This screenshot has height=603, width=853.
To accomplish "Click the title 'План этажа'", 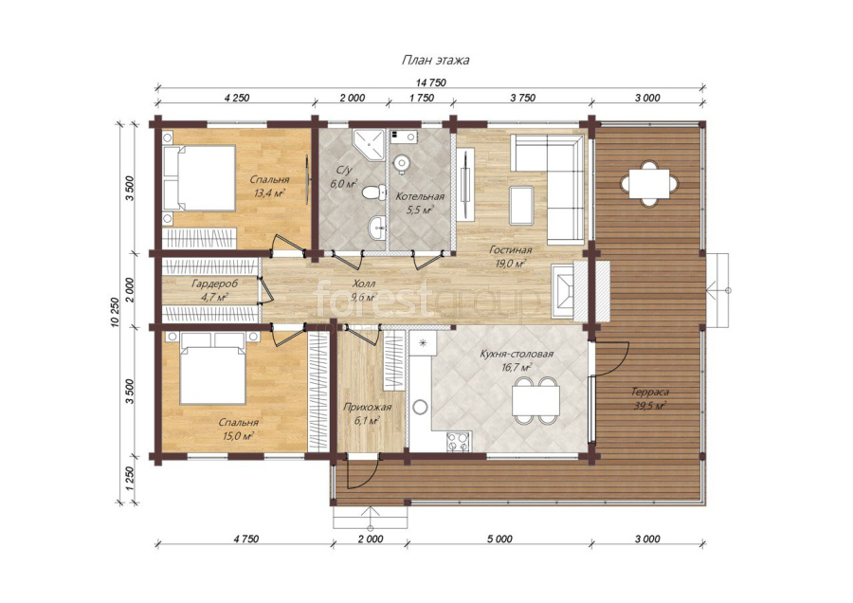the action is pyautogui.click(x=435, y=60).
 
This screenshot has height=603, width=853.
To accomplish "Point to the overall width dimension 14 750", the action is pyautogui.click(x=431, y=82).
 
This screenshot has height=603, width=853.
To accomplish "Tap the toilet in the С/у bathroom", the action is pyautogui.click(x=372, y=192).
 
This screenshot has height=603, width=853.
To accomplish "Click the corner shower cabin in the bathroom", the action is pyautogui.click(x=369, y=144).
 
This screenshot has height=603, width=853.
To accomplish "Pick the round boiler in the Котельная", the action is pyautogui.click(x=402, y=162).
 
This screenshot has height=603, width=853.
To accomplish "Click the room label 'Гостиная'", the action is pyautogui.click(x=510, y=250).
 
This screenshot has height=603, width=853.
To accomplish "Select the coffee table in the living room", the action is pyautogui.click(x=521, y=205).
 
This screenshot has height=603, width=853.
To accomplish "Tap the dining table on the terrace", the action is pyautogui.click(x=648, y=183).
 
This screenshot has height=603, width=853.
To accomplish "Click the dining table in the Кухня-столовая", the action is pyautogui.click(x=535, y=401).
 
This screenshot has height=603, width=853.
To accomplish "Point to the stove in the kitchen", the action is pyautogui.click(x=458, y=442).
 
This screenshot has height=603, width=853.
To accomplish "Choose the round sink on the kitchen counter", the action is pyautogui.click(x=421, y=407).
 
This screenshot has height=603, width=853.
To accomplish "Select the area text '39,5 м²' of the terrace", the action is pyautogui.click(x=650, y=406).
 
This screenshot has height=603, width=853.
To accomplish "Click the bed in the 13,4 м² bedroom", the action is pyautogui.click(x=199, y=178).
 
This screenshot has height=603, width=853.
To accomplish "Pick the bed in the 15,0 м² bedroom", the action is pyautogui.click(x=212, y=368).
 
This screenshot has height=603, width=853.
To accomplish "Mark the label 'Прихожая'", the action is pyautogui.click(x=367, y=407).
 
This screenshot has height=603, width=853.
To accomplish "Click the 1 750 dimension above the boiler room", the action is pyautogui.click(x=421, y=98).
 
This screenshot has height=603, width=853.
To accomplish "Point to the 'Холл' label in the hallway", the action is pyautogui.click(x=363, y=284).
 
